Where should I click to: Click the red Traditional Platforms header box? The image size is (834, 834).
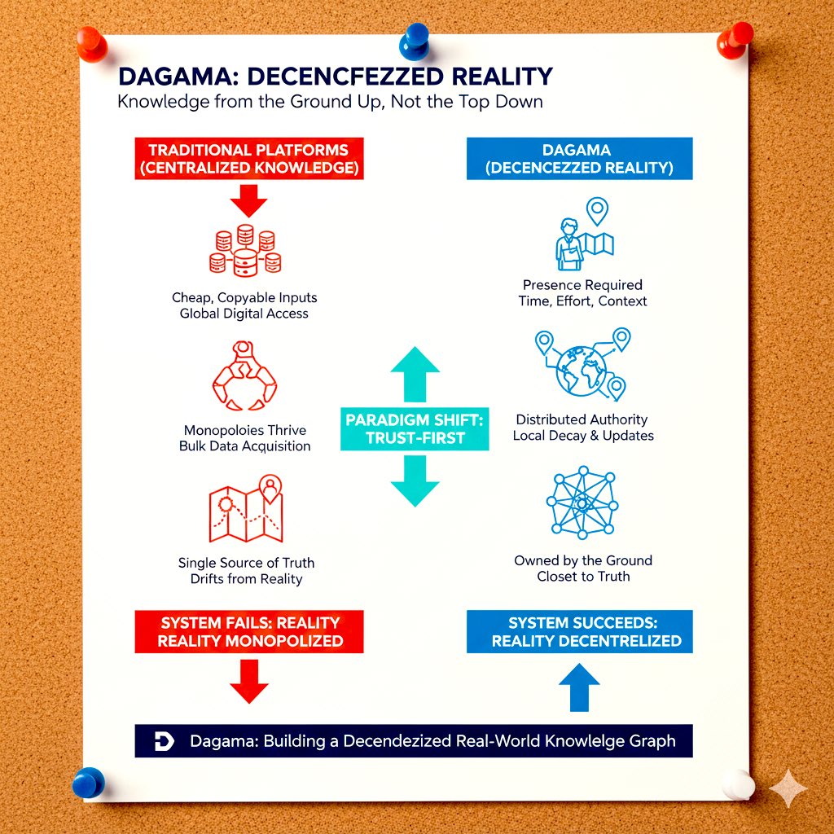pyautogui.click(x=248, y=159)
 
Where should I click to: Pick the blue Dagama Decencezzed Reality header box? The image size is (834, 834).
pyautogui.click(x=579, y=159)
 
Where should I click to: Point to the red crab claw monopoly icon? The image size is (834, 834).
pyautogui.click(x=244, y=376)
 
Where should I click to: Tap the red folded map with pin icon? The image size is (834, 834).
pyautogui.click(x=246, y=511)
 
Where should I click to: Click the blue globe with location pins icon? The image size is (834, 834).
pyautogui.click(x=583, y=366)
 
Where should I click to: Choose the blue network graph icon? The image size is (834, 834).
pyautogui.click(x=582, y=504)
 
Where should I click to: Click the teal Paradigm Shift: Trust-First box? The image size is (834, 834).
pyautogui.click(x=415, y=429)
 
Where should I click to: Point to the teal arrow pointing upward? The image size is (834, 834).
pyautogui.click(x=415, y=372)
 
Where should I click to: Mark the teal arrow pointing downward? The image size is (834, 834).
pyautogui.click(x=415, y=481)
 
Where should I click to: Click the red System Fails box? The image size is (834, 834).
pyautogui.click(x=250, y=631)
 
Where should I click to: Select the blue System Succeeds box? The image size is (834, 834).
pyautogui.click(x=579, y=631)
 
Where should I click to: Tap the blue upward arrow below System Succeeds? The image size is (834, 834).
pyautogui.click(x=580, y=688)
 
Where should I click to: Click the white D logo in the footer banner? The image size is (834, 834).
pyautogui.click(x=164, y=741)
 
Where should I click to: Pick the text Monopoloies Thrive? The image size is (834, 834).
pyautogui.click(x=244, y=430)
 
